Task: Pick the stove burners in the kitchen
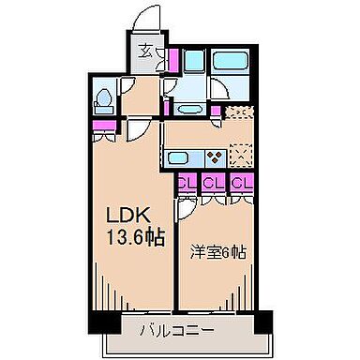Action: click(x=215, y=157)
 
